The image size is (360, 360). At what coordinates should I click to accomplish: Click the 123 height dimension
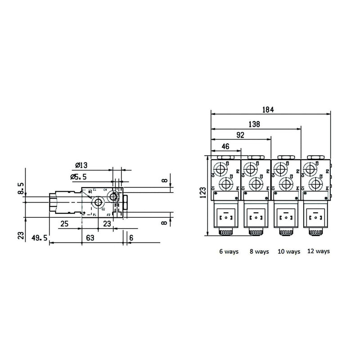tap(203, 194)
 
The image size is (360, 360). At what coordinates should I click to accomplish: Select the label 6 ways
tap(229, 252)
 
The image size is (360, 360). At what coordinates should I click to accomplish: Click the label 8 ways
tap(259, 252)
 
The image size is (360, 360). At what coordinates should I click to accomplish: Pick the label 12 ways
tap(318, 251)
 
